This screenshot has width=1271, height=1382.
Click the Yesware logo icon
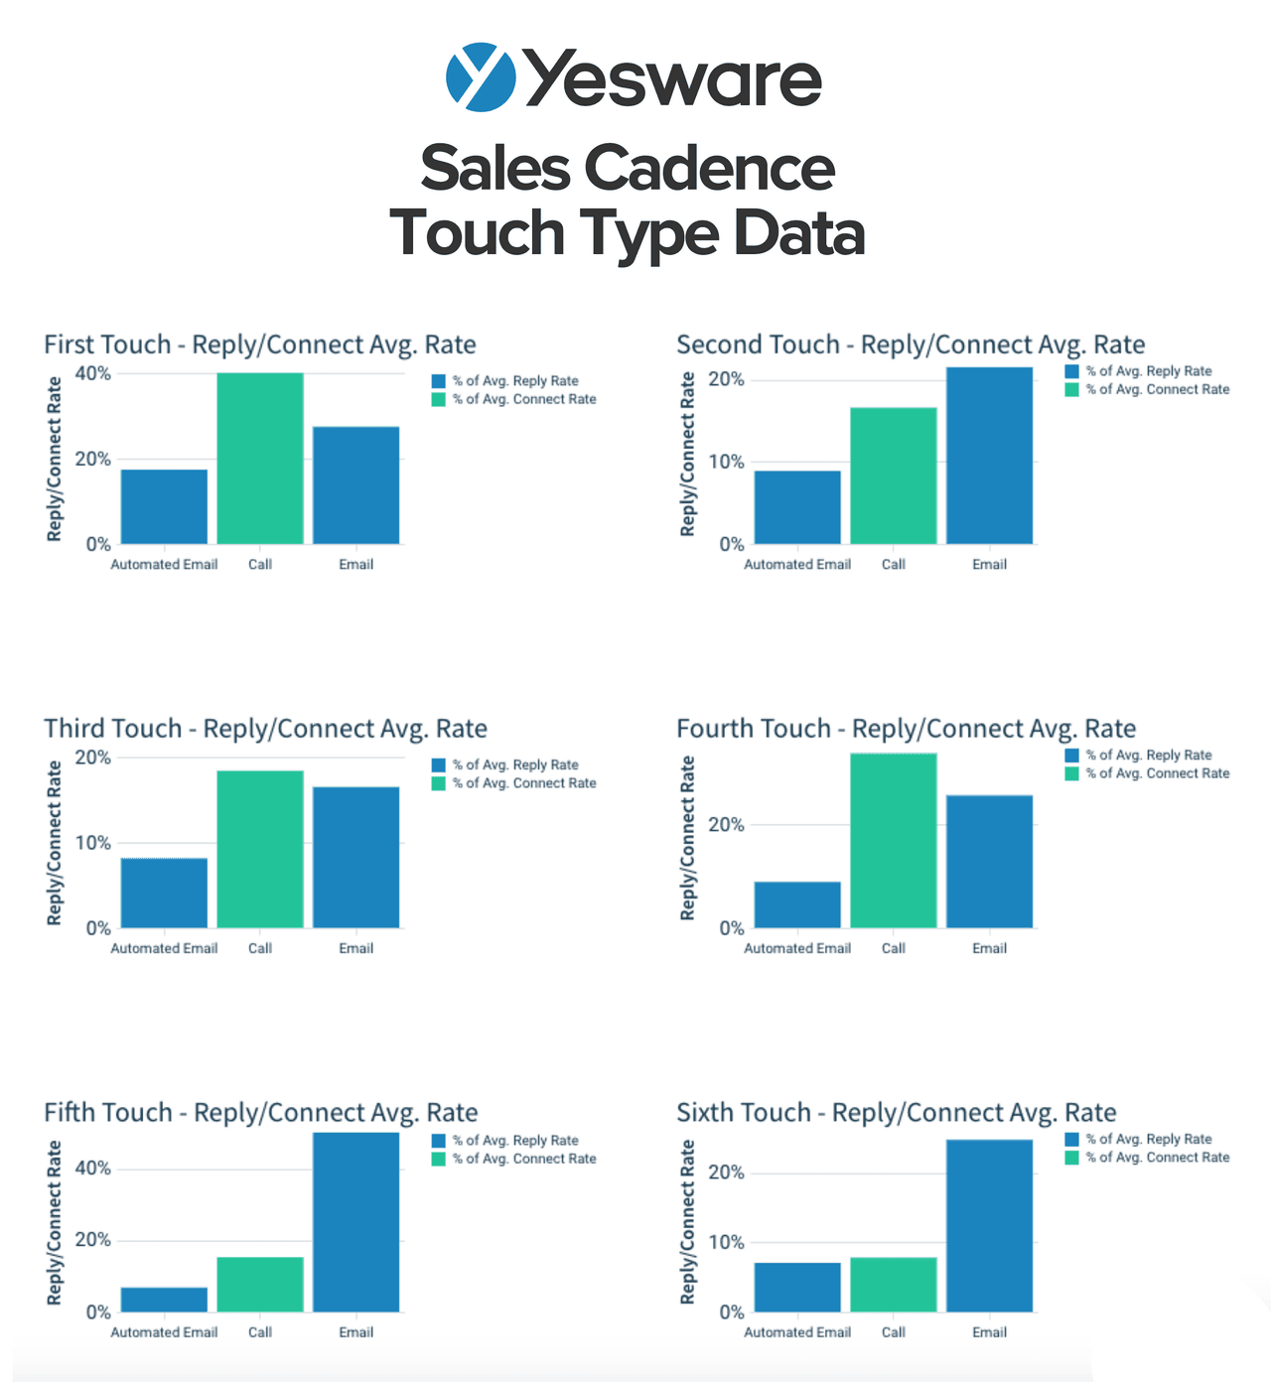[x=481, y=77]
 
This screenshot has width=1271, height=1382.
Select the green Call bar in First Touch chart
[x=260, y=459]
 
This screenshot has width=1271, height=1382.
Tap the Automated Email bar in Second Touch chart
[x=797, y=507]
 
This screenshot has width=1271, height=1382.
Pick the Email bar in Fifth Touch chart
[x=355, y=1222]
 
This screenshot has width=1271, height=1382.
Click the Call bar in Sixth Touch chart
[x=894, y=1285]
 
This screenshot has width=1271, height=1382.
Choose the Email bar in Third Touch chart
[x=355, y=858]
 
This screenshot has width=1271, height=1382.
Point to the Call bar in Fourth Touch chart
[x=894, y=841]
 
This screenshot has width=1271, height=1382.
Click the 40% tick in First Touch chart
[x=92, y=374]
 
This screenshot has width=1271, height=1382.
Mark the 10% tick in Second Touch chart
[x=726, y=462]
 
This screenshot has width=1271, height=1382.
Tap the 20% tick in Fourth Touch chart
[x=726, y=825]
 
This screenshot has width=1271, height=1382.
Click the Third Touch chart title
[x=265, y=729]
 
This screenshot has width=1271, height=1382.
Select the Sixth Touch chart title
[x=896, y=1113]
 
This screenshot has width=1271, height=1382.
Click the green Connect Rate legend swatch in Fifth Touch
[x=439, y=1159]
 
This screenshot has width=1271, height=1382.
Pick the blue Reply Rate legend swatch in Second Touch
[x=1071, y=371]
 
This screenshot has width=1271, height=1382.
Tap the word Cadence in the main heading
[x=709, y=168]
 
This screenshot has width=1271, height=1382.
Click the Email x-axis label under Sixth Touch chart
[x=989, y=1332]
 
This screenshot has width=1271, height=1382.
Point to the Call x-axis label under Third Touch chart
[x=260, y=948]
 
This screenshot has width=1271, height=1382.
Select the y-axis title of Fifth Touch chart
[x=55, y=1222]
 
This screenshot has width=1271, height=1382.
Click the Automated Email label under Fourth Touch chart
[x=797, y=948]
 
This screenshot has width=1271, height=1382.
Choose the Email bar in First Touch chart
[x=355, y=485]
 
